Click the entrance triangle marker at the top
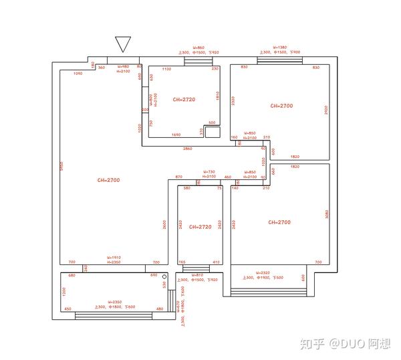pyautogui.click(x=122, y=43)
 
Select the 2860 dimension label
pyautogui.click(x=187, y=148)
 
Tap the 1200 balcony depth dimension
pyautogui.click(x=65, y=292)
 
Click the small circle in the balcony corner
pyautogui.click(x=164, y=276)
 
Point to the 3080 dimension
pyautogui.click(x=325, y=213)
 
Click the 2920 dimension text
pyautogui.click(x=325, y=109)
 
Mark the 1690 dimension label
pyautogui.click(x=176, y=135)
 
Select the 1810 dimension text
pyautogui.click(x=217, y=96)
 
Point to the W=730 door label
pyautogui.click(x=209, y=172)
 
